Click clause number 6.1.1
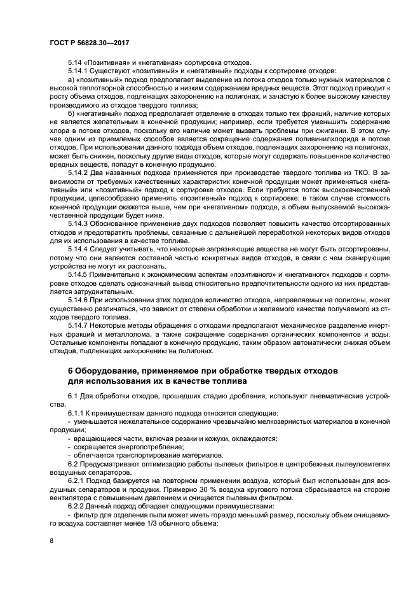point(76,414)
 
